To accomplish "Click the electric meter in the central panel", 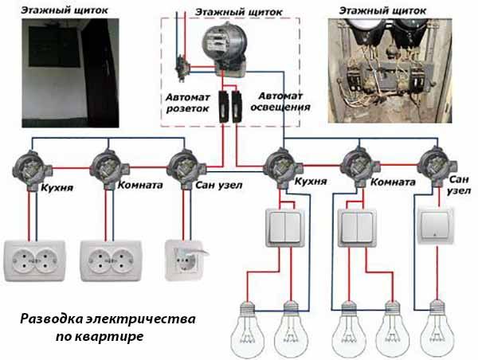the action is point(225,49).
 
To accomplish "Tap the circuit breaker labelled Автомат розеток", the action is point(224,106).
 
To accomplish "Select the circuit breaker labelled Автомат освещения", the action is point(237,106).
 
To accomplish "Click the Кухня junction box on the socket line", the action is point(32,170).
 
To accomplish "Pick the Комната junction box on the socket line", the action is point(109,168).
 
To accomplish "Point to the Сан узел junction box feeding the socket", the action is point(186,168).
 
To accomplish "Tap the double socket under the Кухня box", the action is point(34,261).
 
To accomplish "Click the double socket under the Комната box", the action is point(112,261).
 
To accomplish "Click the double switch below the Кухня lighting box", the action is point(285,228).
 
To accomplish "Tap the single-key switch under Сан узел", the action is point(436,226).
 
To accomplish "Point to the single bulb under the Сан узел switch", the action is point(437,329).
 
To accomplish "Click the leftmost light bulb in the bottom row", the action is point(247,330).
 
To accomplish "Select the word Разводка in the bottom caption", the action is point(52,319).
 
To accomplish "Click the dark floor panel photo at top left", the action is point(70,72).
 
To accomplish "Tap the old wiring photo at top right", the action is point(390,71).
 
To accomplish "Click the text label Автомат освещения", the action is point(280,102).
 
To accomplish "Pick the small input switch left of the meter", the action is point(182,68).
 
